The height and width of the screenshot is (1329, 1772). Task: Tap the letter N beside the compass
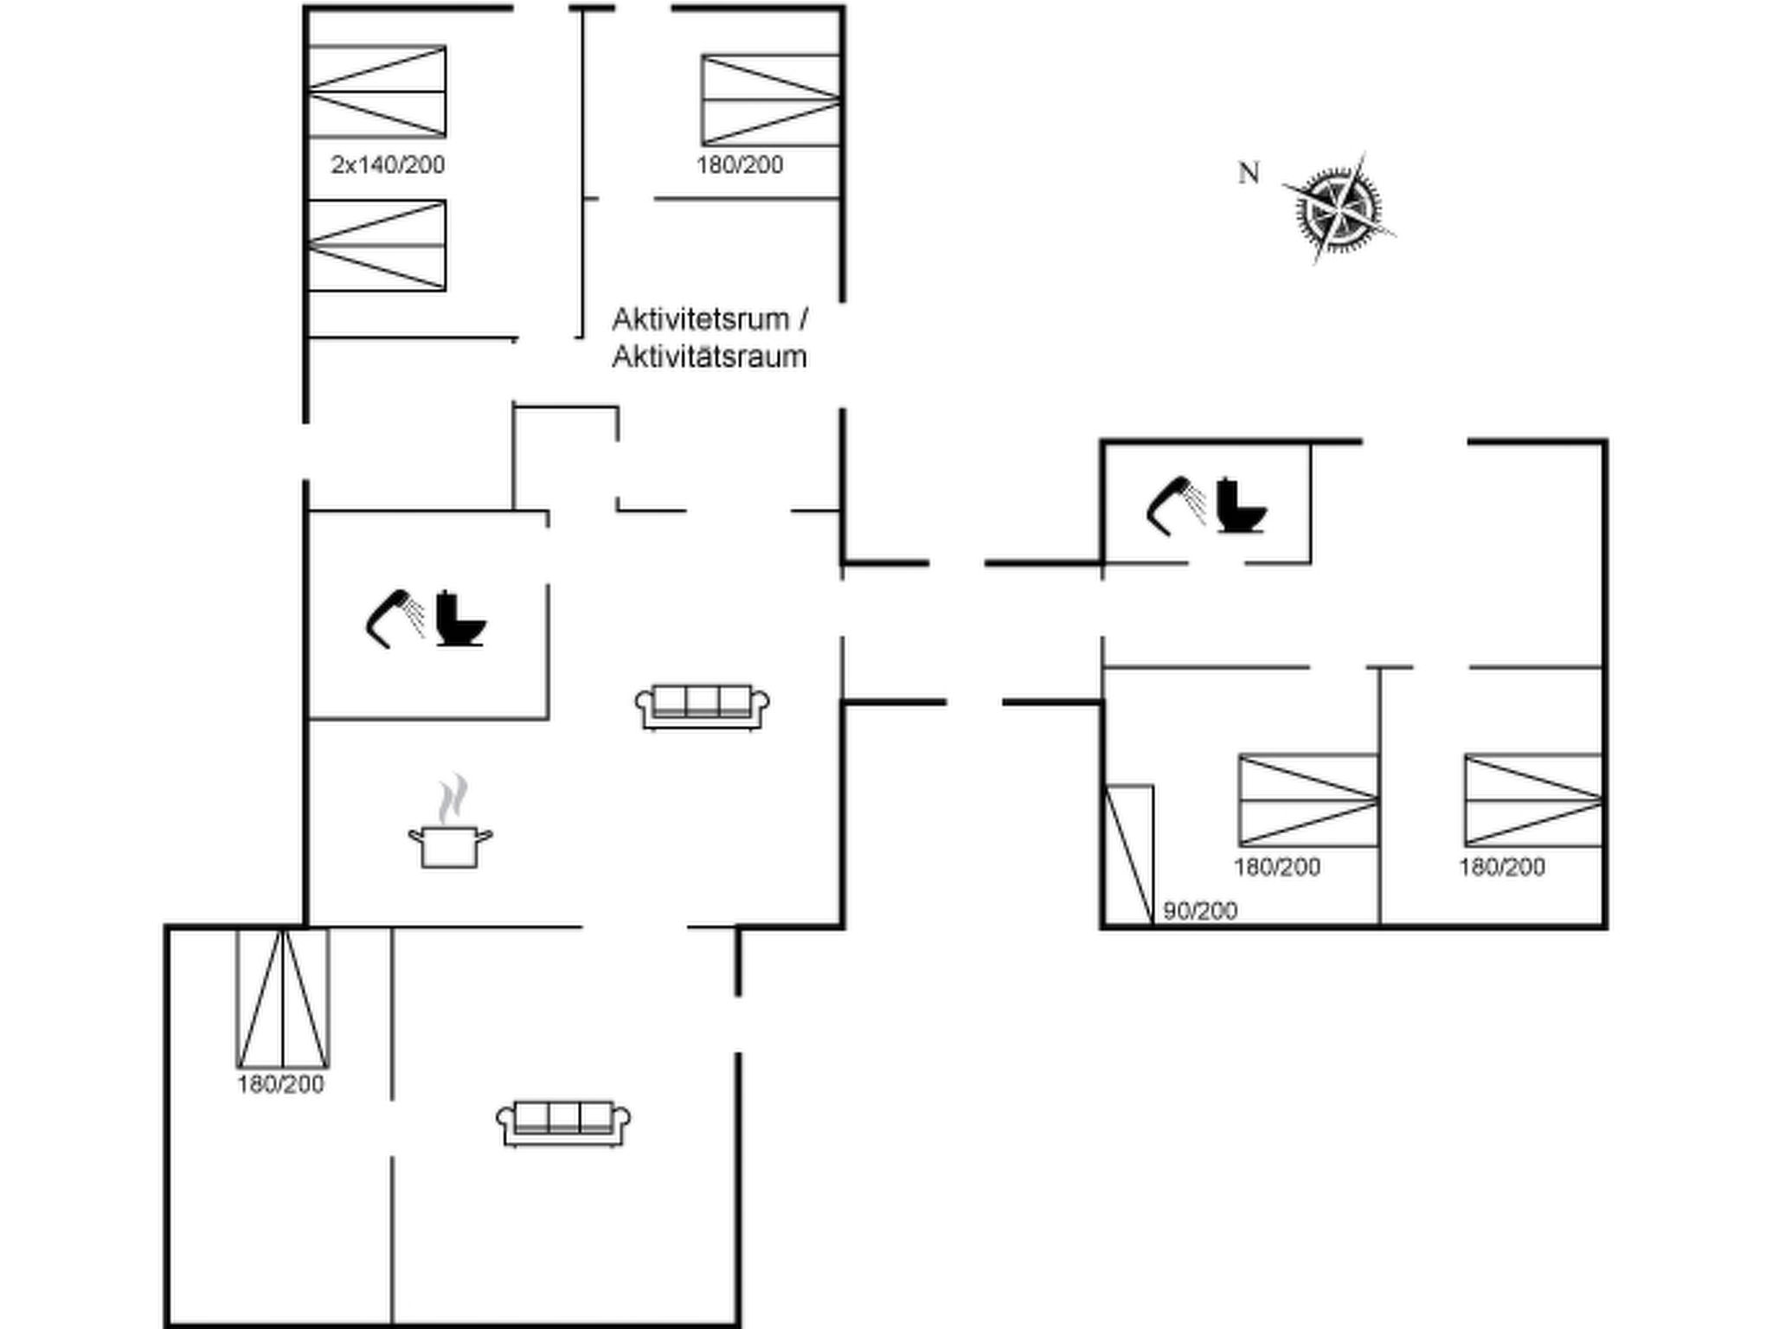pyautogui.click(x=1248, y=174)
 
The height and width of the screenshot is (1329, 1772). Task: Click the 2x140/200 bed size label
pyautogui.click(x=388, y=164)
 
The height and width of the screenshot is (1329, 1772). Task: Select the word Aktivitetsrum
pyautogui.click(x=700, y=319)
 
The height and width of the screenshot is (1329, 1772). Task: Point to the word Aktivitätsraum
pyautogui.click(x=709, y=356)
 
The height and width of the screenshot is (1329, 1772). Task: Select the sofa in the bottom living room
pyautogui.click(x=563, y=1123)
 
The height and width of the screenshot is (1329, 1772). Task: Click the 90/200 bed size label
pyautogui.click(x=1199, y=910)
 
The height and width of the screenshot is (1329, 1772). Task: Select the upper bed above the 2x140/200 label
pyautogui.click(x=377, y=92)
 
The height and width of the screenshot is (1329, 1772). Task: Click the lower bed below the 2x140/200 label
pyautogui.click(x=377, y=246)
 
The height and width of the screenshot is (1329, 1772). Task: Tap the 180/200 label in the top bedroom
pyautogui.click(x=740, y=164)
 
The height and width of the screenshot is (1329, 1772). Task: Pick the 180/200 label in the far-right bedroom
pyautogui.click(x=1502, y=866)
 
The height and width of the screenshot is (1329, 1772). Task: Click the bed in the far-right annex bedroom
pyautogui.click(x=1532, y=800)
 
